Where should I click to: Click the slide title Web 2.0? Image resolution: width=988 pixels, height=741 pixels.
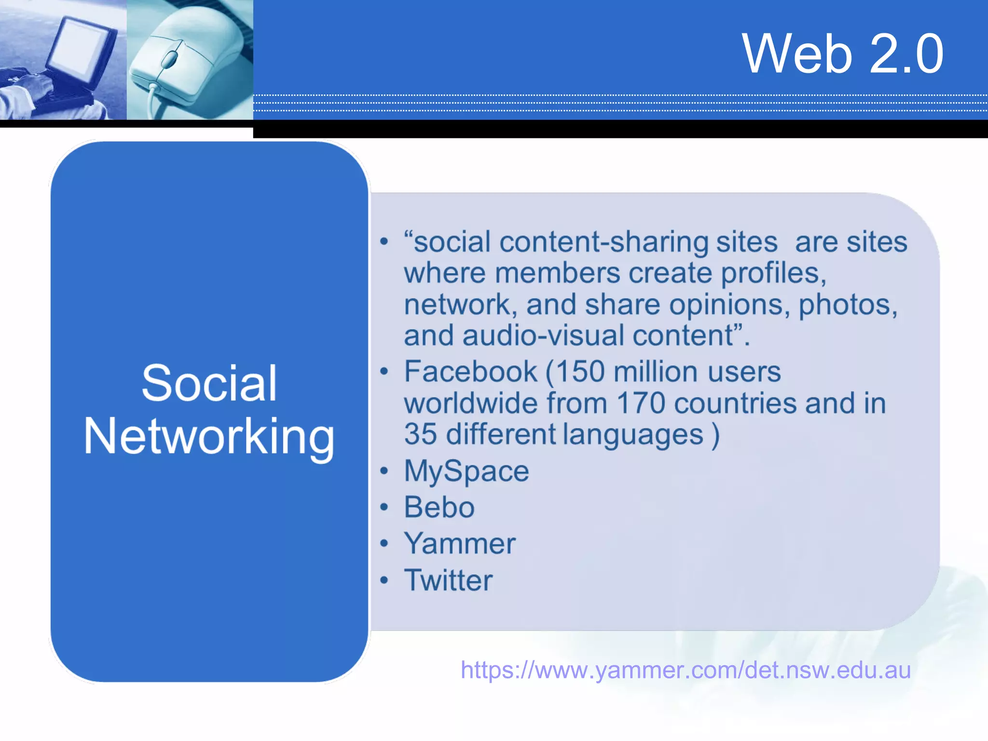pos(842,54)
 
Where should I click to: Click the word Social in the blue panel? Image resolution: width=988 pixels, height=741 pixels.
pos(209,384)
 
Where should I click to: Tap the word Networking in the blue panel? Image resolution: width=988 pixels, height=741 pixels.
pos(209,437)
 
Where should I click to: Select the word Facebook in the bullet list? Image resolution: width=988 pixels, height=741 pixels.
pos(470,371)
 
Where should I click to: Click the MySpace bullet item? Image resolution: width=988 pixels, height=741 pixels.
pos(467,471)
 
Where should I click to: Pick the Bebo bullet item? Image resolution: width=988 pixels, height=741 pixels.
pos(439,507)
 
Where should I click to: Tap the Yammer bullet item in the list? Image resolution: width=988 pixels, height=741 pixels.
pos(460,544)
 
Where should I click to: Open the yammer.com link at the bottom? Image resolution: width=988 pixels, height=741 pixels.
pos(686,670)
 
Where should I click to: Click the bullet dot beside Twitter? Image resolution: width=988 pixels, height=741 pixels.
pos(384,580)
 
